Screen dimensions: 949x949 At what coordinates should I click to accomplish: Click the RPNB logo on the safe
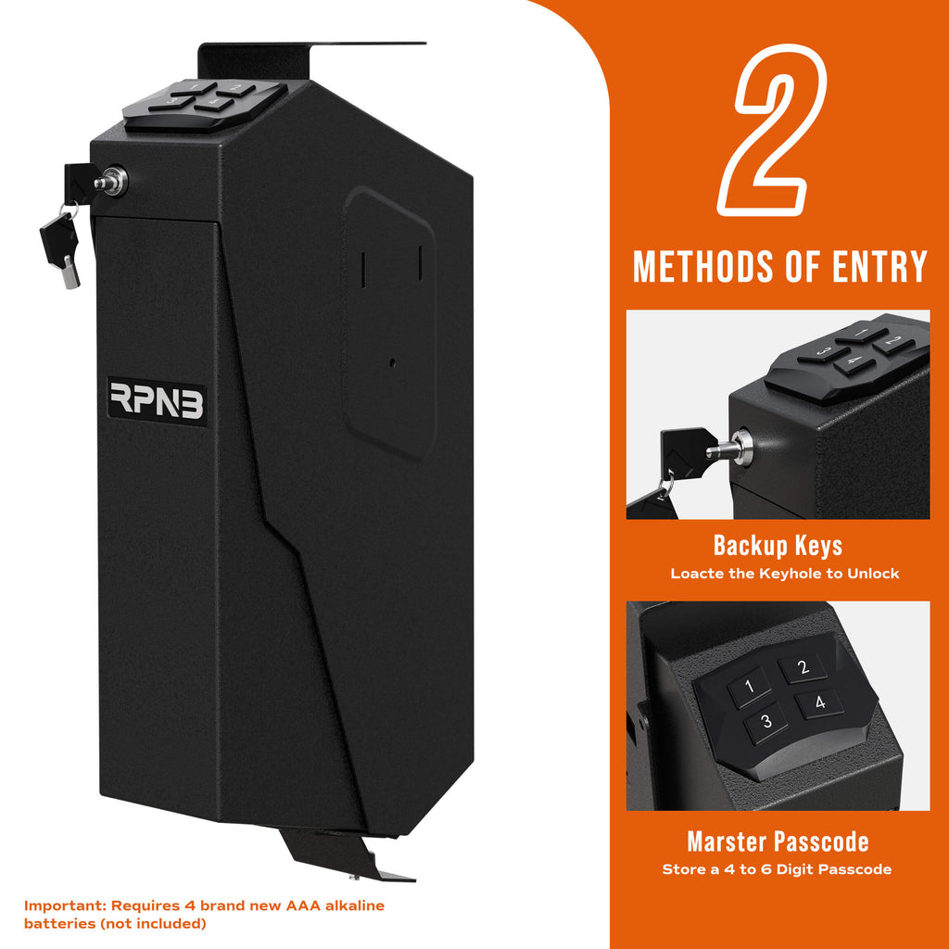(x=157, y=401)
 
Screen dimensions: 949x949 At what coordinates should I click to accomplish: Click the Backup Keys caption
(x=778, y=545)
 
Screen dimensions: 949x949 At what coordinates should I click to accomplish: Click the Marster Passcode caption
(x=778, y=841)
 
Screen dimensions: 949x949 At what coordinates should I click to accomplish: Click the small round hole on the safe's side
(x=393, y=362)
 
